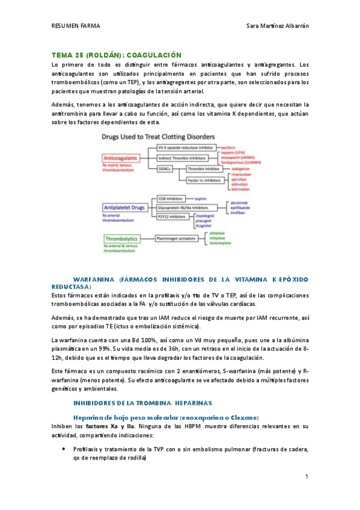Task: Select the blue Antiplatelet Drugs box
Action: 123,207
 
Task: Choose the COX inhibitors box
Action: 169,198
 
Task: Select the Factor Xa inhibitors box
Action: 203,180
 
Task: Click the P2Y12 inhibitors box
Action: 170,215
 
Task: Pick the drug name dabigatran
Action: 231,169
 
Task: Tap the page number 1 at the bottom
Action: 306,477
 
